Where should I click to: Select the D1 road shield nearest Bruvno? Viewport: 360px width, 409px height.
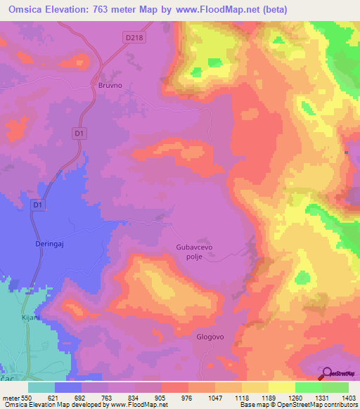click(79, 132)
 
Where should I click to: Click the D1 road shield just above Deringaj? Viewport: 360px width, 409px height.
click(38, 204)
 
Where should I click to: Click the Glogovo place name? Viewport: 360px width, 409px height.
click(210, 337)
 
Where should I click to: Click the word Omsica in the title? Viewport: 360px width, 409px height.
click(27, 10)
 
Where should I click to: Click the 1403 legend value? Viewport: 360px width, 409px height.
click(349, 397)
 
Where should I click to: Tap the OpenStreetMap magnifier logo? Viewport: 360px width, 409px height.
click(327, 374)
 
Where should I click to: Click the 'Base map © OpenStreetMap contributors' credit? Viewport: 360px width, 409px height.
click(298, 405)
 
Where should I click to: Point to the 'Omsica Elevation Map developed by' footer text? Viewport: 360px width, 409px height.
click(52, 405)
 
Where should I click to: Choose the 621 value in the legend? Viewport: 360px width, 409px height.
click(56, 397)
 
